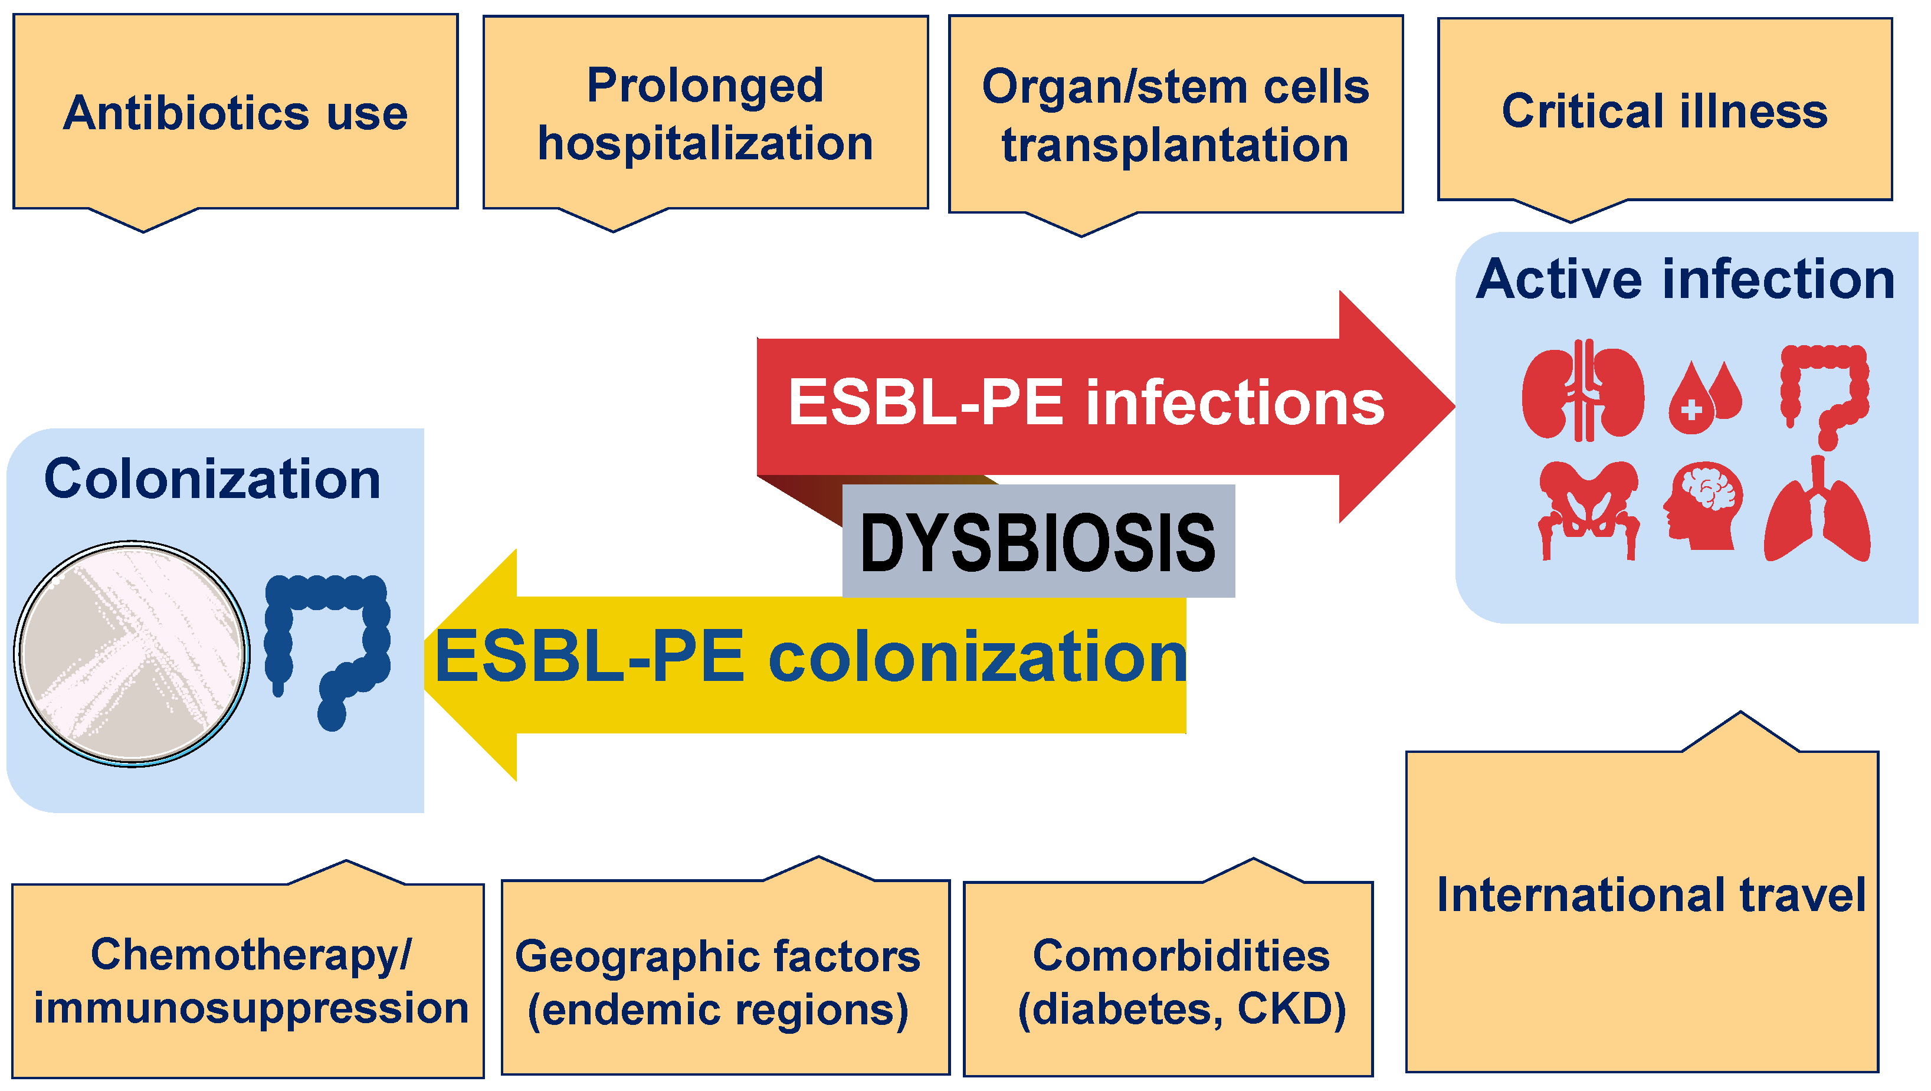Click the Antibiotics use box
click(x=235, y=113)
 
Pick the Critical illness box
click(x=1664, y=111)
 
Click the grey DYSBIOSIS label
click(x=1038, y=542)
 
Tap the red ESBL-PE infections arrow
click(x=1087, y=405)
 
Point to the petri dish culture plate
click(x=132, y=654)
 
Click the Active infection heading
click(x=1685, y=279)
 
